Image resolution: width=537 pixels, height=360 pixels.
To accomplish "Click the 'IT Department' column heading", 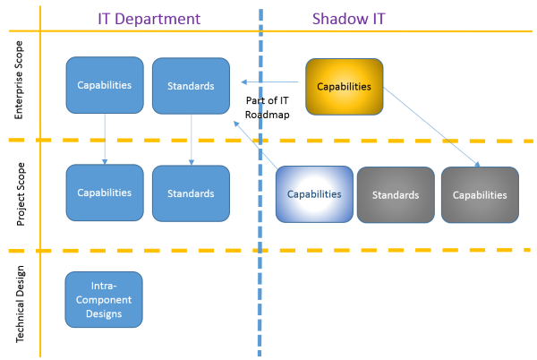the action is pyautogui.click(x=149, y=19).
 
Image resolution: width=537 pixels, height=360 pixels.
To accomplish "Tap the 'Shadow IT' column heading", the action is pyautogui.click(x=349, y=19).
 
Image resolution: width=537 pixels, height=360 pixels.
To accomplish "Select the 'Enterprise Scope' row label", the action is pyautogui.click(x=19, y=80).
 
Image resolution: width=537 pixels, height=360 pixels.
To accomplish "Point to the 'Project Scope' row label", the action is pyautogui.click(x=21, y=193).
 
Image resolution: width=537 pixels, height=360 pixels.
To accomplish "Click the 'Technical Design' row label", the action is pyautogui.click(x=20, y=304).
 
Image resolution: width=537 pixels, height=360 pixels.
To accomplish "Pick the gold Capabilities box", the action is pyautogui.click(x=345, y=87).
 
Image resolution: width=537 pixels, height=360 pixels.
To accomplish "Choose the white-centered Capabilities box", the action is pyautogui.click(x=314, y=194).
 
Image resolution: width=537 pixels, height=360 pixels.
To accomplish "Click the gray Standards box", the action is pyautogui.click(x=396, y=195).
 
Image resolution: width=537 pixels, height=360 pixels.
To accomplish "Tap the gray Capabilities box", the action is pyautogui.click(x=480, y=195).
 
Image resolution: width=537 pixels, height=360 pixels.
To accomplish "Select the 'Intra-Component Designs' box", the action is pyautogui.click(x=104, y=300).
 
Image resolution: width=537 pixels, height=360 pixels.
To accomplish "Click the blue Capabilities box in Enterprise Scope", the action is pyautogui.click(x=105, y=85).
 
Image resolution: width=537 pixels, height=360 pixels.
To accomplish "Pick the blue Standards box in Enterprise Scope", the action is pyautogui.click(x=192, y=86).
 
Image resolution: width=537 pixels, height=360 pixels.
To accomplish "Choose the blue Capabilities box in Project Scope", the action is pyautogui.click(x=105, y=193).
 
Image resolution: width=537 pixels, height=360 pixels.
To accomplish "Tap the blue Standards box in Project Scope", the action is pyautogui.click(x=192, y=193).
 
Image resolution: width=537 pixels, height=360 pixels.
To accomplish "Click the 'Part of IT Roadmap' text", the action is pyautogui.click(x=267, y=107).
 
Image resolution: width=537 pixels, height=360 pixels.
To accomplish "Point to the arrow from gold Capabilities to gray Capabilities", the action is pyautogui.click(x=431, y=127).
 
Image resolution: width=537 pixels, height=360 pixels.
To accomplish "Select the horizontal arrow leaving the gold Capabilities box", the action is pyautogui.click(x=269, y=81).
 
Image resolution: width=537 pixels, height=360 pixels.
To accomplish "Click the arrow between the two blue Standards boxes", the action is pyautogui.click(x=192, y=140).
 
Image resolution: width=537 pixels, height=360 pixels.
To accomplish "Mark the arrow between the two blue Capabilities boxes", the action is pyautogui.click(x=105, y=139).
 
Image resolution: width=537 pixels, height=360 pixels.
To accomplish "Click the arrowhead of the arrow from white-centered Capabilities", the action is pyautogui.click(x=236, y=124).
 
